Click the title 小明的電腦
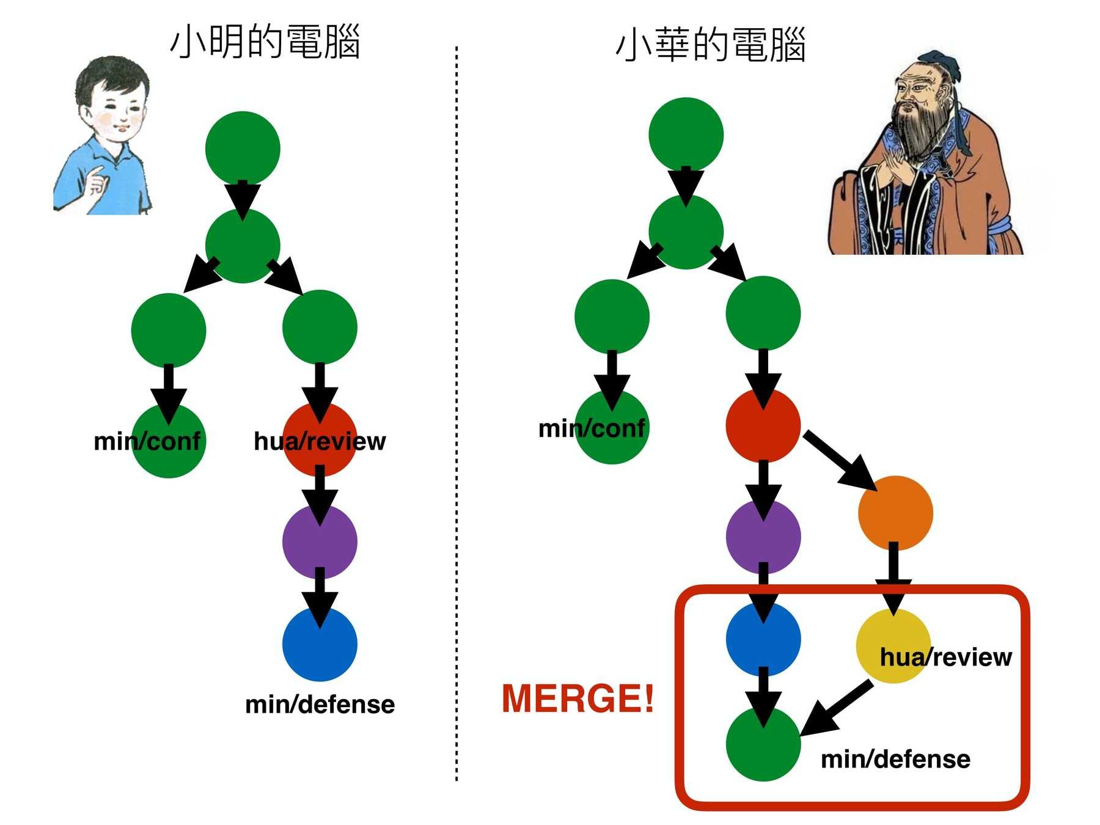tap(265, 42)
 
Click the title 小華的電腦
tap(710, 45)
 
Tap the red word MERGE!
tap(577, 698)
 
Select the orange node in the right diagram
tap(895, 513)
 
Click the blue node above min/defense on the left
tap(320, 645)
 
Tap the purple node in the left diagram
tap(320, 542)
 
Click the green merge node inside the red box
tap(763, 744)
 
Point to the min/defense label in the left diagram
tap(320, 705)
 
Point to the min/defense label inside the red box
tap(895, 760)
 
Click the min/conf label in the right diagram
tap(592, 428)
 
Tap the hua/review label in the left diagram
tap(320, 441)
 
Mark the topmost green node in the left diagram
tap(243, 148)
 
